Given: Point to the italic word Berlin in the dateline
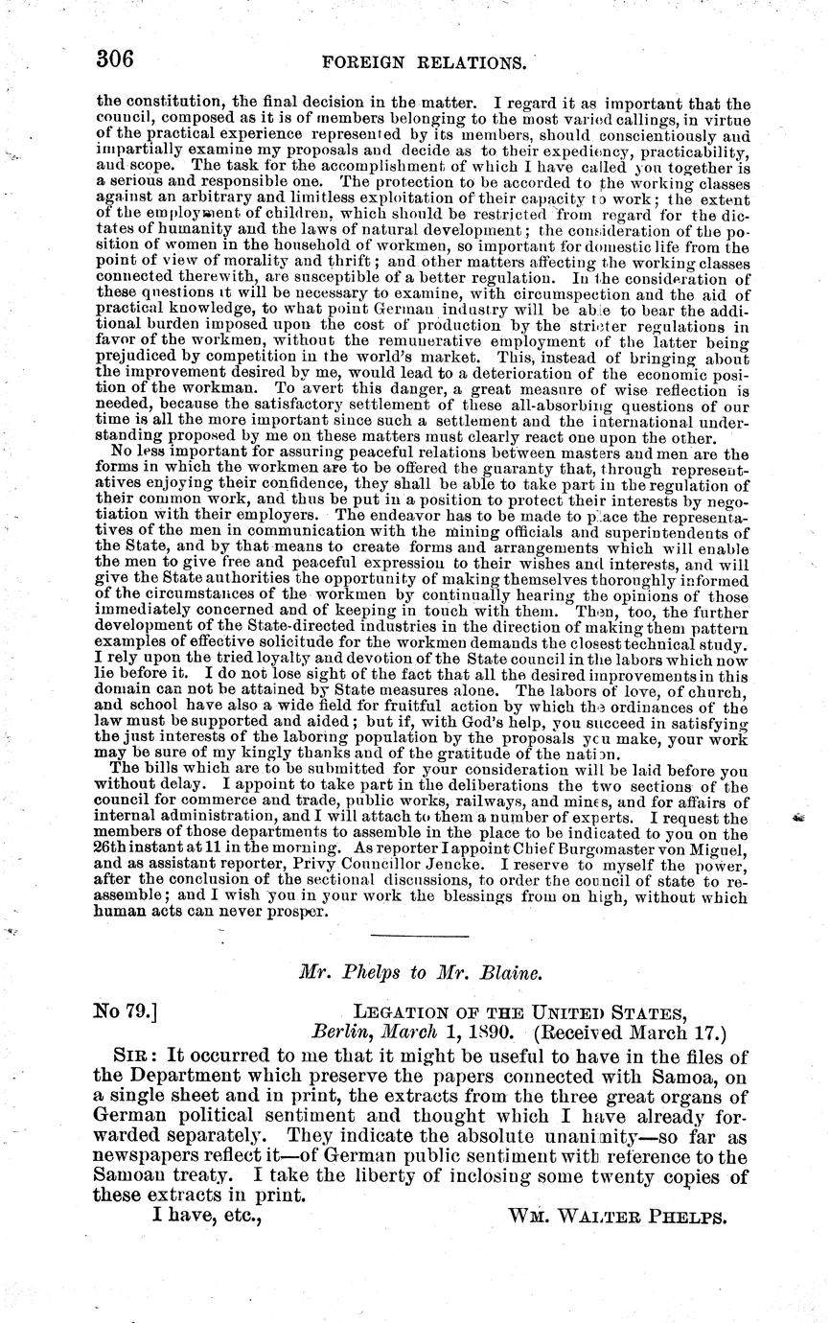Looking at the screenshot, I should point(337,1033).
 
